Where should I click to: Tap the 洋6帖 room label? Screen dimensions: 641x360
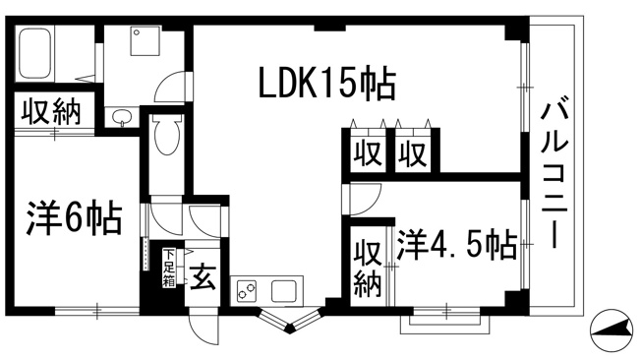click(x=74, y=218)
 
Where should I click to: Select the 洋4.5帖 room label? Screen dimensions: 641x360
click(x=457, y=245)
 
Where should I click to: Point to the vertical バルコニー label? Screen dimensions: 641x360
click(x=555, y=175)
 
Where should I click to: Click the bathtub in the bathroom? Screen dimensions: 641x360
click(x=35, y=52)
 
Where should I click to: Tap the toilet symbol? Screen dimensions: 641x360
click(x=167, y=135)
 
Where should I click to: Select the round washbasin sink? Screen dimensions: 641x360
click(x=121, y=117)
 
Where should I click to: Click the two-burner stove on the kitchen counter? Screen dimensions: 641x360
click(x=247, y=291)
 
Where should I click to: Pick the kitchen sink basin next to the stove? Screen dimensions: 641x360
click(x=284, y=291)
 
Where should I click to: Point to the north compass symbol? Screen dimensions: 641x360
click(x=612, y=330)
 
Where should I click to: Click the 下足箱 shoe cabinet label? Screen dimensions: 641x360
click(x=169, y=268)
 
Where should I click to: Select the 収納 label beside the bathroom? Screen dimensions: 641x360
click(x=51, y=111)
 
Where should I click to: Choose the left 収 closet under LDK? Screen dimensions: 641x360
click(x=368, y=153)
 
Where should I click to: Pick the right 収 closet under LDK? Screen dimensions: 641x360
click(x=413, y=153)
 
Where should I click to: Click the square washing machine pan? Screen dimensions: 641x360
click(x=146, y=40)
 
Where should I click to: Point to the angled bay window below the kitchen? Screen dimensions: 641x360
click(x=290, y=321)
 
